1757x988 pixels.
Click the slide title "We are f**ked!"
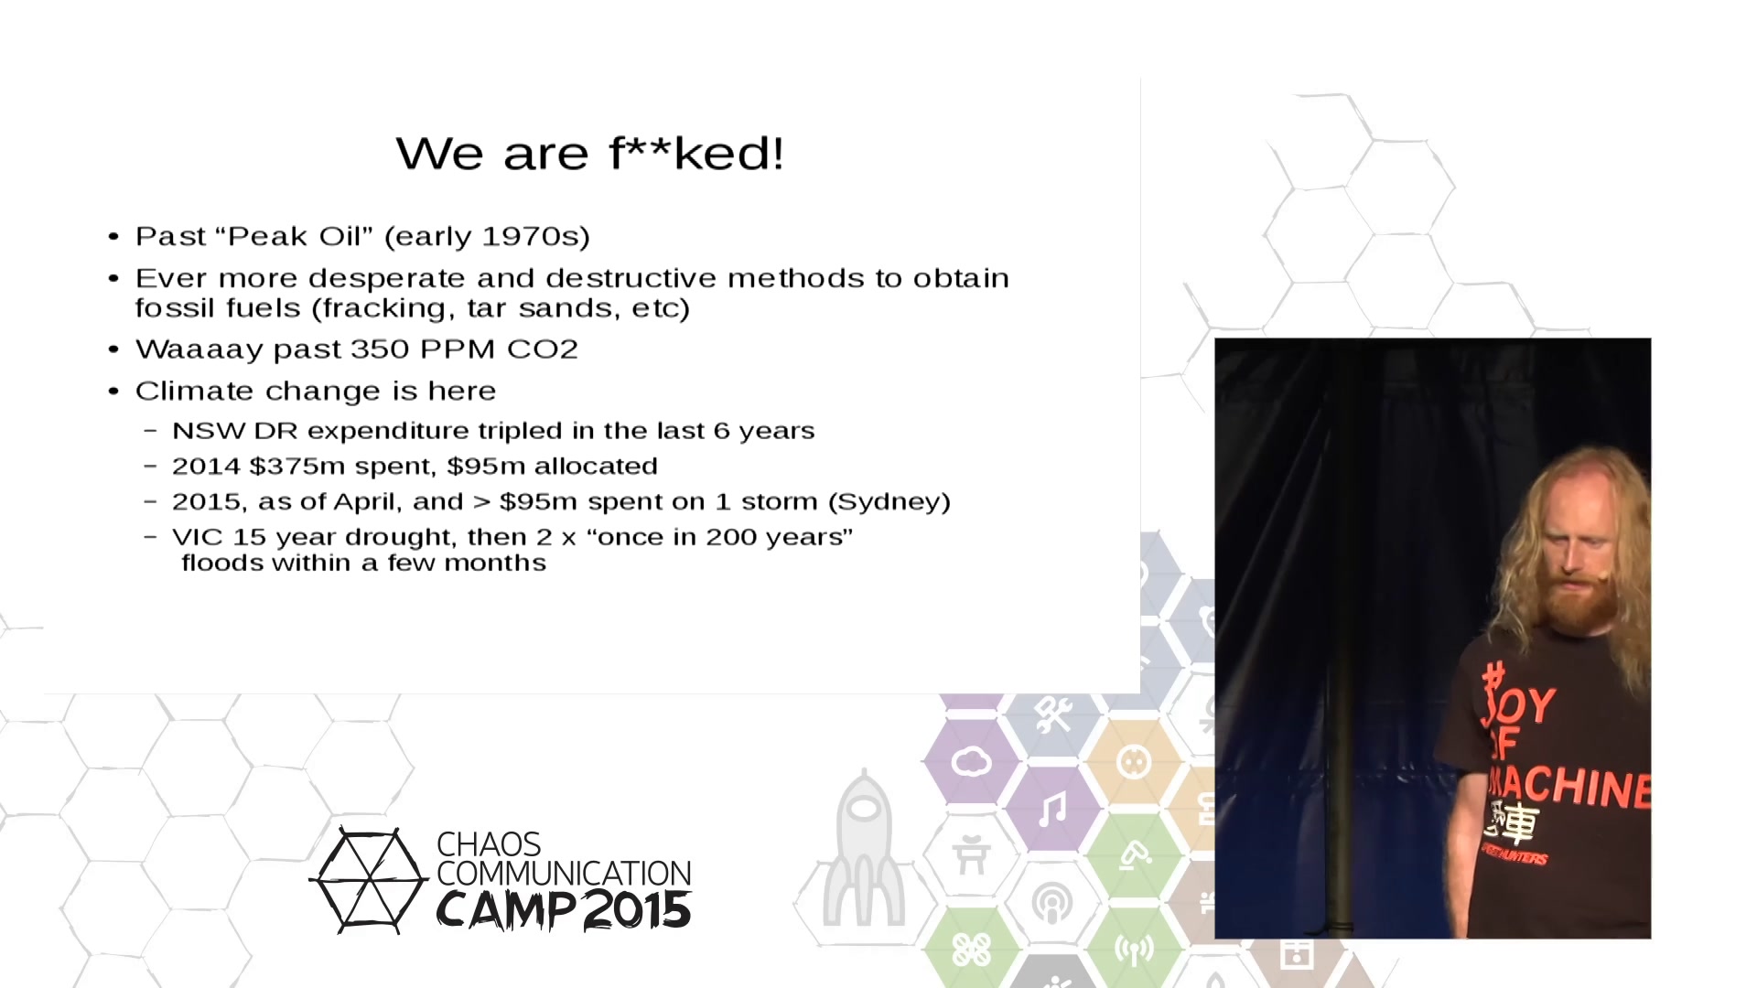590,153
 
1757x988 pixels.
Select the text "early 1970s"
487,236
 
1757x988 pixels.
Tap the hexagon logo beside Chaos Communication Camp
369,880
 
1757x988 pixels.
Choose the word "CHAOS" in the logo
489,844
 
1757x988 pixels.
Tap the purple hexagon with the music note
1052,809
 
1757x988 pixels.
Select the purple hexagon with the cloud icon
972,761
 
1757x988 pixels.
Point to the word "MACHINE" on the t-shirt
1568,787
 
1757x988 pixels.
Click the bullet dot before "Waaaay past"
113,349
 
